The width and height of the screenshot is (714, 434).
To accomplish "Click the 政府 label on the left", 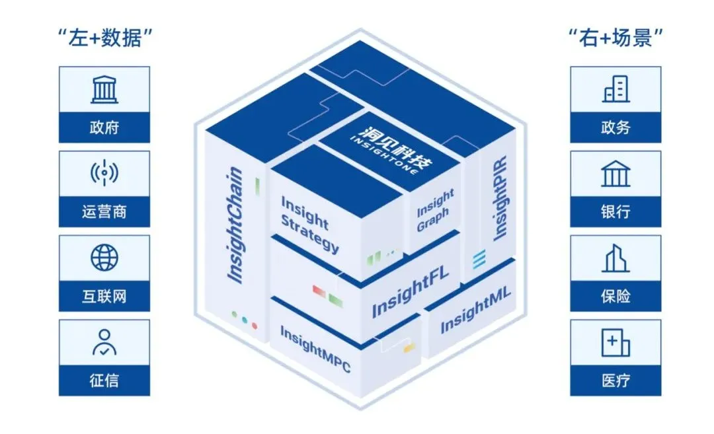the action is click(x=104, y=127).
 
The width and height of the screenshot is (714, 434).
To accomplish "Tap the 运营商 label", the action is click(x=104, y=211).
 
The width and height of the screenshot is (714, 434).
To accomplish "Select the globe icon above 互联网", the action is click(x=104, y=258).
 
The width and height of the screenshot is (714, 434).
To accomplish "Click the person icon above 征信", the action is click(x=104, y=342).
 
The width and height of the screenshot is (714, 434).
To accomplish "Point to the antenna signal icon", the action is click(x=104, y=172).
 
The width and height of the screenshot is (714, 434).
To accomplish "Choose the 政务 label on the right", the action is click(x=615, y=127).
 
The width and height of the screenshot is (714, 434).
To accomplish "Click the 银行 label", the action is click(x=615, y=211).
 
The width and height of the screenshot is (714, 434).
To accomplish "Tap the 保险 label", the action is click(x=615, y=296).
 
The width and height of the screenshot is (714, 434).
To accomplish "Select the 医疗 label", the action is click(x=615, y=380).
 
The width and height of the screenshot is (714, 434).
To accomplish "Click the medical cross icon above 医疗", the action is click(x=615, y=343).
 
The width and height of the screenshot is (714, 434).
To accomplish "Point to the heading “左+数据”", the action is click(x=104, y=37).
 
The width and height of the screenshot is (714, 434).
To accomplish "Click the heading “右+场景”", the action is click(x=615, y=37).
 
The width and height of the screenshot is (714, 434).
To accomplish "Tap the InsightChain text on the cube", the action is click(x=235, y=225).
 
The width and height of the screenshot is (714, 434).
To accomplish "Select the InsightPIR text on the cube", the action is click(x=500, y=198).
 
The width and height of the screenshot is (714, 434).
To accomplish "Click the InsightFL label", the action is click(x=410, y=291).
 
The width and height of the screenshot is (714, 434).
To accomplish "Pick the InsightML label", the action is click(x=475, y=310).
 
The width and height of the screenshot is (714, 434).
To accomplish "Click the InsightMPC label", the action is click(x=315, y=349).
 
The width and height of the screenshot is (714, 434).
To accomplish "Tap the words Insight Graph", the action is click(x=435, y=210).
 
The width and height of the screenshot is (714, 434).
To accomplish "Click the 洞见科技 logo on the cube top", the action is click(x=391, y=149).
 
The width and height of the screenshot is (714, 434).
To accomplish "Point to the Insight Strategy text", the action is click(x=309, y=225).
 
